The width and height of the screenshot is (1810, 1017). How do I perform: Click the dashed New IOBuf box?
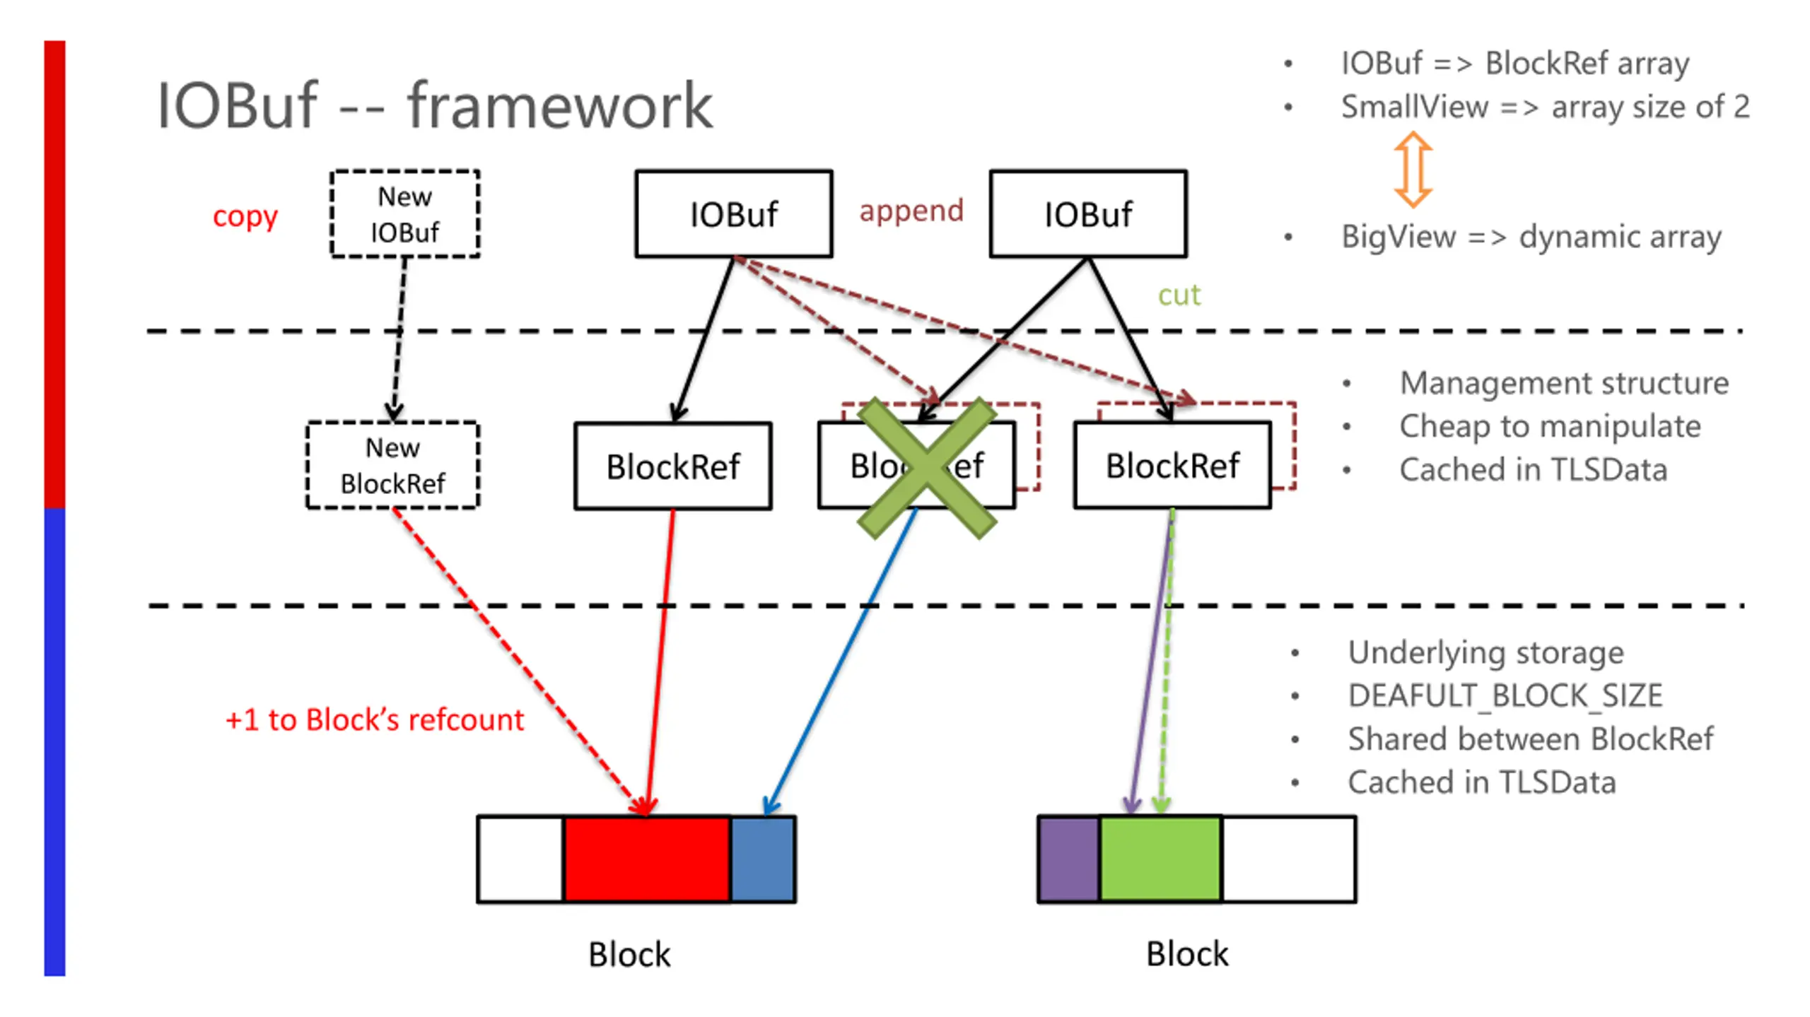[404, 213]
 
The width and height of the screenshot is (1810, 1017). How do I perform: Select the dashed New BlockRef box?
[392, 465]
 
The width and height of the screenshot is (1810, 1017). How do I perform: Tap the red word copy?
[245, 216]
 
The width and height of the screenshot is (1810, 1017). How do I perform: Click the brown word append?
[911, 211]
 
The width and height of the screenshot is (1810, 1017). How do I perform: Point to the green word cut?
[1179, 295]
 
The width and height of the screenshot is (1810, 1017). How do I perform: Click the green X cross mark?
[926, 468]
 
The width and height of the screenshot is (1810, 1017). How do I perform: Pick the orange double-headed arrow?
[1413, 170]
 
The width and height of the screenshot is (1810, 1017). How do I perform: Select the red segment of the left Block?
[647, 859]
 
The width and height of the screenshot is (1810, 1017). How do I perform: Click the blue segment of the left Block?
[762, 859]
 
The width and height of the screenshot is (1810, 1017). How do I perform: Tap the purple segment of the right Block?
[1068, 859]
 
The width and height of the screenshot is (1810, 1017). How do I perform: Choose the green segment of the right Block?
[1160, 859]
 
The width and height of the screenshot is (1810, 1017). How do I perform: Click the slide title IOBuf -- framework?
[434, 106]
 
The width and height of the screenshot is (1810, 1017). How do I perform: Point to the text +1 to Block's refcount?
[375, 720]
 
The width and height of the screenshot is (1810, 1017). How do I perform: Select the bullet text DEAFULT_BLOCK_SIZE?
[1505, 696]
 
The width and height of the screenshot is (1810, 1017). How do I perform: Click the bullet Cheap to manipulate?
[1550, 426]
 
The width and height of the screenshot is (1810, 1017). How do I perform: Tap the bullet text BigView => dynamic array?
[1531, 237]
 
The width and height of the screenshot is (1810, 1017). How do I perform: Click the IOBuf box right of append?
[1088, 213]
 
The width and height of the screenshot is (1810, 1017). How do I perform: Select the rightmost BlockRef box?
[1172, 465]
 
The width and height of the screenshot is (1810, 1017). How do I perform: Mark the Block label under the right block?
[1187, 954]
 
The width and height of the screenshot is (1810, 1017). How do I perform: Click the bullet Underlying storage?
[1485, 652]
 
